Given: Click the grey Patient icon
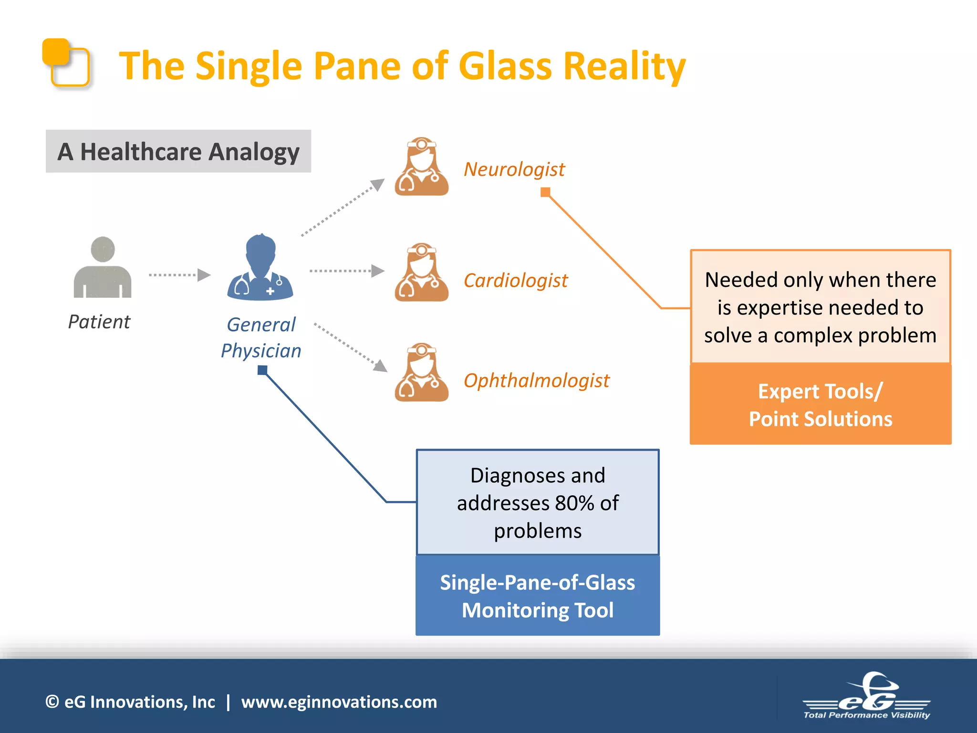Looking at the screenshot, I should pyautogui.click(x=102, y=268).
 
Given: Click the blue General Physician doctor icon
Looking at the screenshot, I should pyautogui.click(x=260, y=268).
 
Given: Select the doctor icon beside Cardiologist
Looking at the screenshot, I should pyautogui.click(x=421, y=273).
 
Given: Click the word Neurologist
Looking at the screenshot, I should pyautogui.click(x=514, y=169).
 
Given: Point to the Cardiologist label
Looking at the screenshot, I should pyautogui.click(x=515, y=281).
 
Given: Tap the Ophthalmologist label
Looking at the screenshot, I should pyautogui.click(x=536, y=381).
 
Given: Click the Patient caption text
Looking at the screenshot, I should pyautogui.click(x=99, y=322).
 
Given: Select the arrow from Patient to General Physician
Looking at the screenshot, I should pyautogui.click(x=179, y=275).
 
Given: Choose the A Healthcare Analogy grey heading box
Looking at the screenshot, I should pyautogui.click(x=178, y=151).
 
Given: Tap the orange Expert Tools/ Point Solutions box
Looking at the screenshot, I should pyautogui.click(x=820, y=405).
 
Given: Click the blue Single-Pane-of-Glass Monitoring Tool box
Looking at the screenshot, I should pyautogui.click(x=537, y=596).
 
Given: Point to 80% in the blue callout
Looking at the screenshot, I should pyautogui.click(x=574, y=503).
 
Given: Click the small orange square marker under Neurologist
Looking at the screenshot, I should pyautogui.click(x=545, y=192).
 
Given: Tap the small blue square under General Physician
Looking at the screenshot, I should pyautogui.click(x=262, y=370).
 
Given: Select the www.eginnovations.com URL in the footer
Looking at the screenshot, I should pyautogui.click(x=339, y=702).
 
